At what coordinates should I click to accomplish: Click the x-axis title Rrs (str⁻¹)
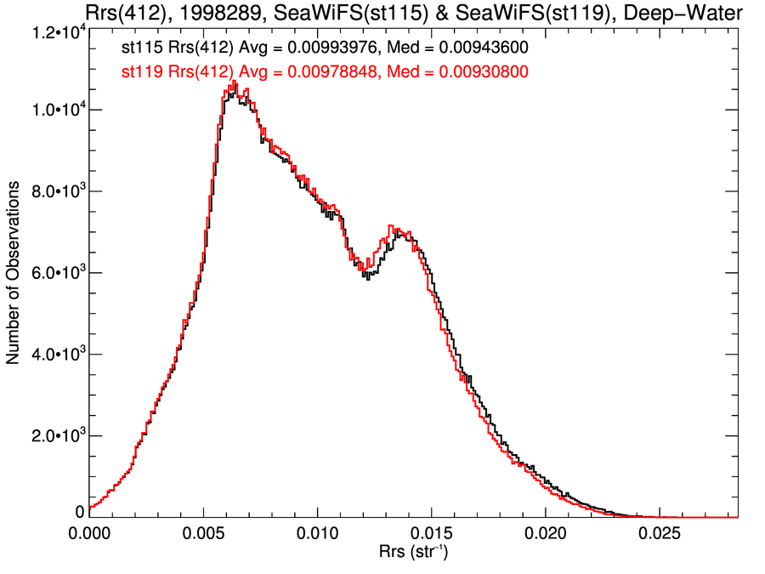[414, 554]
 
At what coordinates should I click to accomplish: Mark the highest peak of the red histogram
[233, 82]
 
